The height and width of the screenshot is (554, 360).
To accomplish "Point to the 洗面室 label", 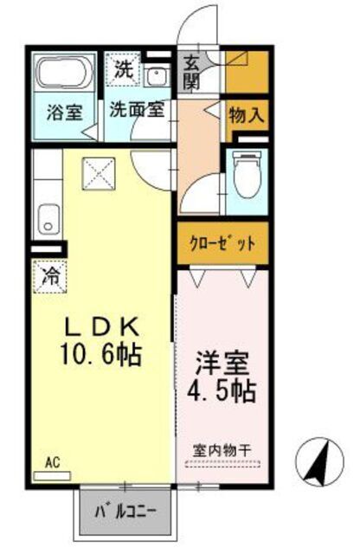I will click(137, 111).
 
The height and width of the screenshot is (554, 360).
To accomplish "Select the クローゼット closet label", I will click(222, 243).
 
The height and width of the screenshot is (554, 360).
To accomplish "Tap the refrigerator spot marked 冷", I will click(51, 278).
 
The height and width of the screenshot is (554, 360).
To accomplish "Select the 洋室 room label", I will click(220, 360).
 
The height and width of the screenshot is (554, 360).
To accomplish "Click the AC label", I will click(52, 465).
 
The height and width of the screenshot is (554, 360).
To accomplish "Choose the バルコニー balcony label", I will click(132, 511).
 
